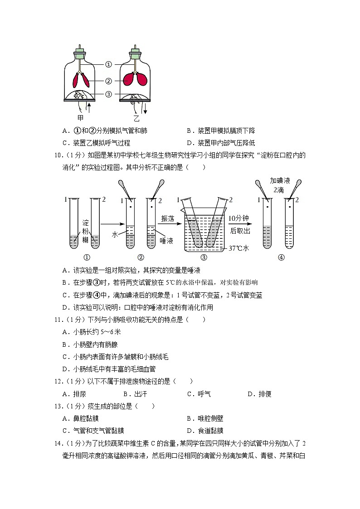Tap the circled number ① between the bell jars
coord(108,64)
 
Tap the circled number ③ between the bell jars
coord(108,94)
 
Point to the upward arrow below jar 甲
coord(89,108)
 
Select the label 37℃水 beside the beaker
coord(238,248)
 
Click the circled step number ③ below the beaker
coord(204,257)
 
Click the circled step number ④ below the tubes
coord(281,257)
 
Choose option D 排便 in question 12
coord(259,394)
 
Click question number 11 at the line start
coord(58,320)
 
